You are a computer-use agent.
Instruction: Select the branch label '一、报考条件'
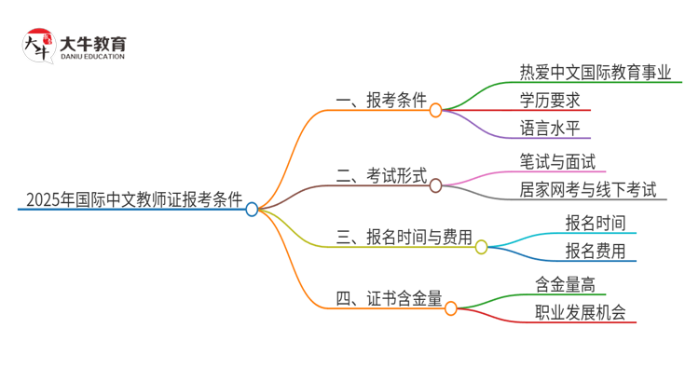(x=381, y=100)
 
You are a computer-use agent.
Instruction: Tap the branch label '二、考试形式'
(x=381, y=175)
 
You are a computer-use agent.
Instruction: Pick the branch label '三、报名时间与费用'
(x=404, y=237)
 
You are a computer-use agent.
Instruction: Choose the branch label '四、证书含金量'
(x=389, y=298)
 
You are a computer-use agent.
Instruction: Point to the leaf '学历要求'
(x=554, y=100)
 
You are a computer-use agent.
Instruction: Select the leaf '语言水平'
(x=554, y=128)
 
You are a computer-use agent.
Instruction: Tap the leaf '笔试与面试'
(x=557, y=161)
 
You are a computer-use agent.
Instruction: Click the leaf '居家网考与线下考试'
(x=588, y=189)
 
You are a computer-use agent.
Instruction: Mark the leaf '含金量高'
(x=565, y=284)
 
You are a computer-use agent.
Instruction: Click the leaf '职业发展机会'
(x=580, y=312)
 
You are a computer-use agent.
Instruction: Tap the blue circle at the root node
(x=252, y=210)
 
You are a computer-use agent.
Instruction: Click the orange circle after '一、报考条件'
(x=435, y=110)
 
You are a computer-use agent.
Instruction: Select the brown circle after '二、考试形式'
(x=435, y=185)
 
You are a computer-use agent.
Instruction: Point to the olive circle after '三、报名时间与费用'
(x=481, y=247)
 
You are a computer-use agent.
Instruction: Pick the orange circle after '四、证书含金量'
(x=450, y=308)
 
